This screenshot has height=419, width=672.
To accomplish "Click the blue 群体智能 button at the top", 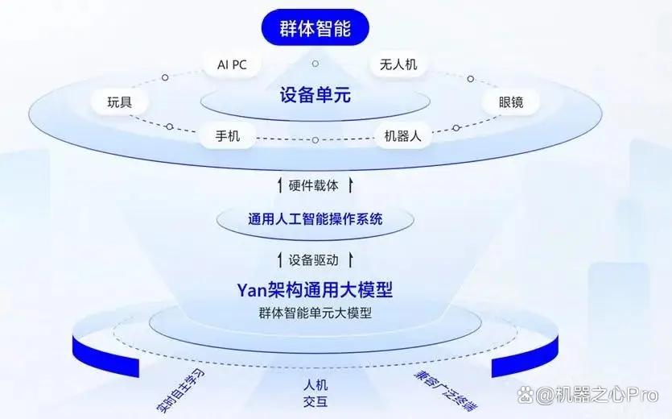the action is (315, 27).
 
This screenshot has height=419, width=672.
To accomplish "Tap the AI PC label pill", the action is (232, 64).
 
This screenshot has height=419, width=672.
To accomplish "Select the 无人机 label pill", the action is (398, 64).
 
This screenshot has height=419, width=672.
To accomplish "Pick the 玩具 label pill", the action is (120, 102).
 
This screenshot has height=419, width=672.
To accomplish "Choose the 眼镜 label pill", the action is (510, 102).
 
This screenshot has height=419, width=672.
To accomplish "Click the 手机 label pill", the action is (228, 136).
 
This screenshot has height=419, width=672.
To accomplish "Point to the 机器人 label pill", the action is (402, 136).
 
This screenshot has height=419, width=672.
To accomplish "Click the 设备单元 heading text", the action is (315, 95).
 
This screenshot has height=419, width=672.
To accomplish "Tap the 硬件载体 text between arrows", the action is (313, 185).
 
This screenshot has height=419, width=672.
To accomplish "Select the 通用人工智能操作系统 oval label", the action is (315, 219).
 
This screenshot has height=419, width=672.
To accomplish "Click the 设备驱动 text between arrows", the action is (313, 259).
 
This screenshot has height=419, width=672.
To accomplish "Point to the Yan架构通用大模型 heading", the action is (315, 290).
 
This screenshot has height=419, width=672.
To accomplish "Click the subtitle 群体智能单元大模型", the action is (315, 313).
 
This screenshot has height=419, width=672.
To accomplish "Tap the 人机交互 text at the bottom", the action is (315, 393).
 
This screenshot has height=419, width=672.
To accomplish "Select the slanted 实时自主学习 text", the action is (180, 390).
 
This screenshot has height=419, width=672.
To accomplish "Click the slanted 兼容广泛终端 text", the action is (446, 390).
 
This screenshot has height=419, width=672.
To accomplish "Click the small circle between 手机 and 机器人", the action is (315, 140).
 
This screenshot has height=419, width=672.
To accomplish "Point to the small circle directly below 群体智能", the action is (315, 64).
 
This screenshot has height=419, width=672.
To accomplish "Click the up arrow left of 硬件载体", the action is (280, 185).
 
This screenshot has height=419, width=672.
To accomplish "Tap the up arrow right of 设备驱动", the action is (351, 259).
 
